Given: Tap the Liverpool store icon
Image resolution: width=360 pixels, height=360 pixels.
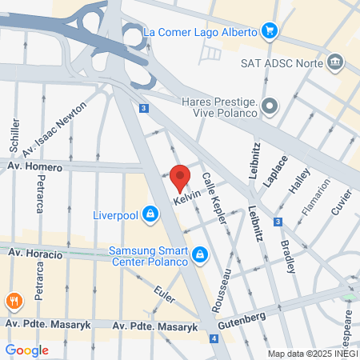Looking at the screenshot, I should pyautogui.click(x=149, y=214).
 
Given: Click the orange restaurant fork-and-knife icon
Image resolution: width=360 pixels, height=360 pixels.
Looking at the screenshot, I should pyautogui.click(x=13, y=302).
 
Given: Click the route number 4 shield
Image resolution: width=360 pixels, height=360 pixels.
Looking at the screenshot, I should pyautogui.click(x=214, y=338).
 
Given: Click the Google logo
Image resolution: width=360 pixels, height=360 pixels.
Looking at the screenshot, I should pyautogui.click(x=26, y=350).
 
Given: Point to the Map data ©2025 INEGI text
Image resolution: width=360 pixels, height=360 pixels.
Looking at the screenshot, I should pyautogui.click(x=312, y=354).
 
